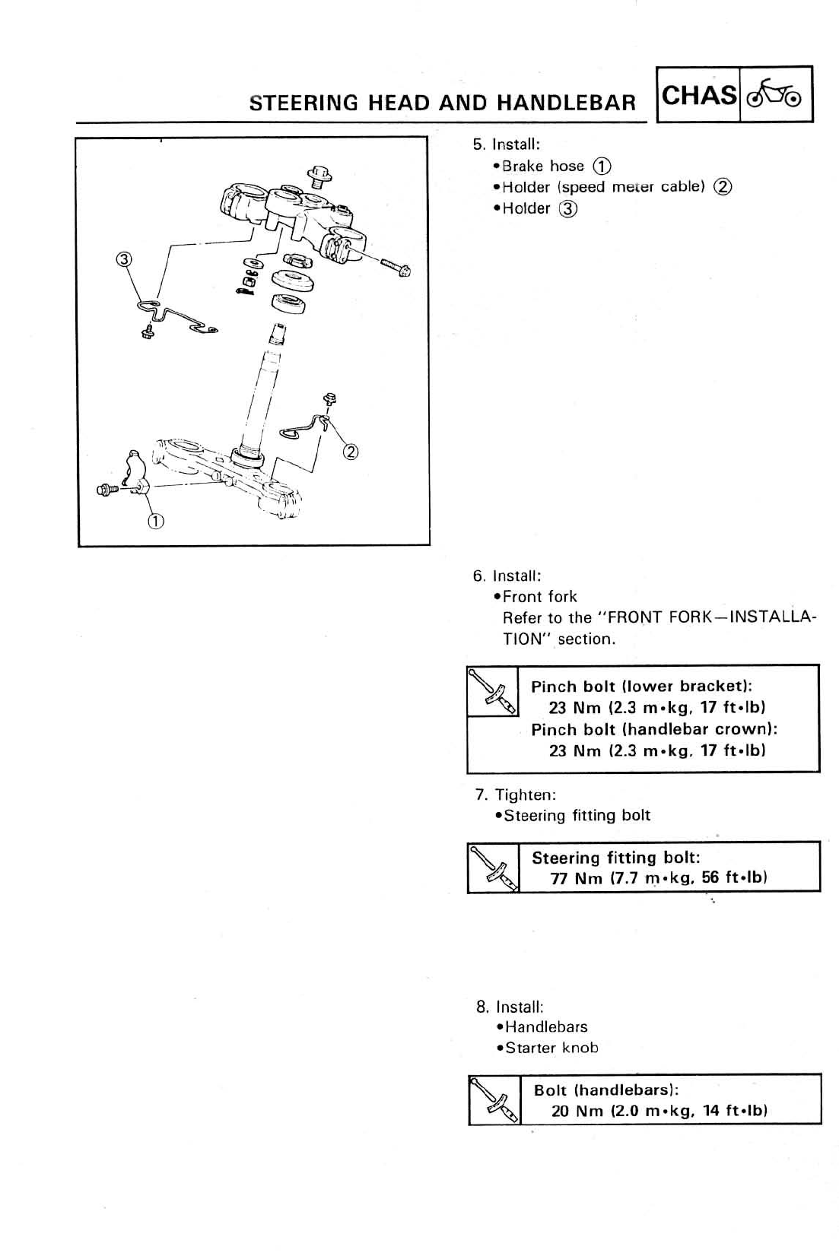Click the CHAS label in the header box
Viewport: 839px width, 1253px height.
pyautogui.click(x=699, y=96)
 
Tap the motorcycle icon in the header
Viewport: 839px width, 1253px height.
pyautogui.click(x=775, y=95)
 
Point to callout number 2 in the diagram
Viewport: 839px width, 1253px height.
pyautogui.click(x=350, y=452)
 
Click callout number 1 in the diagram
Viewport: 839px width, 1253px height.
pyautogui.click(x=155, y=521)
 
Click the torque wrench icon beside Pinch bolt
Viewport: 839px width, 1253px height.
pyautogui.click(x=492, y=690)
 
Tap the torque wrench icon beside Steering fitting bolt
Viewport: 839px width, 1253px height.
pyautogui.click(x=493, y=867)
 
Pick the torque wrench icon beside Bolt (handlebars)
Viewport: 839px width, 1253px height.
pyautogui.click(x=494, y=1099)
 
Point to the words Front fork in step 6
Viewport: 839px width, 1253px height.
pyautogui.click(x=540, y=596)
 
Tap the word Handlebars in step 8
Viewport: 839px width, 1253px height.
pyautogui.click(x=546, y=1026)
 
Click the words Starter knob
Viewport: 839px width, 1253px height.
pyautogui.click(x=551, y=1048)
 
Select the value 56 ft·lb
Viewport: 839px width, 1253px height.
pyautogui.click(x=734, y=878)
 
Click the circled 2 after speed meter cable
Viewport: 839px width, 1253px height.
pyautogui.click(x=723, y=187)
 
